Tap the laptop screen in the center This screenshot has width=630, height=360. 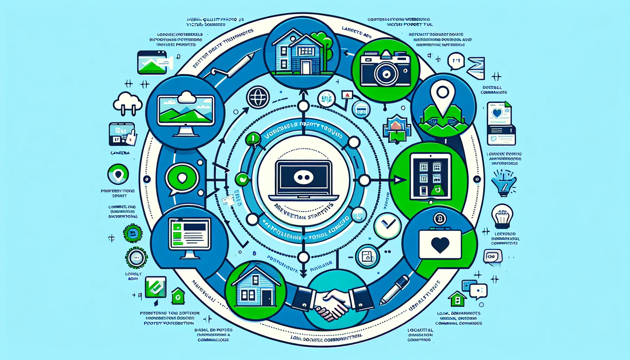tap(303, 178)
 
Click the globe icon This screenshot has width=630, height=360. tap(258, 97)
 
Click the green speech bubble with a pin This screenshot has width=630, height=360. tap(182, 179)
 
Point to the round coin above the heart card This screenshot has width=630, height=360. tap(439, 219)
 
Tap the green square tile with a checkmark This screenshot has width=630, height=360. tap(155, 287)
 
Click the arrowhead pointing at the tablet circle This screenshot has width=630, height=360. tap(399, 180)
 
